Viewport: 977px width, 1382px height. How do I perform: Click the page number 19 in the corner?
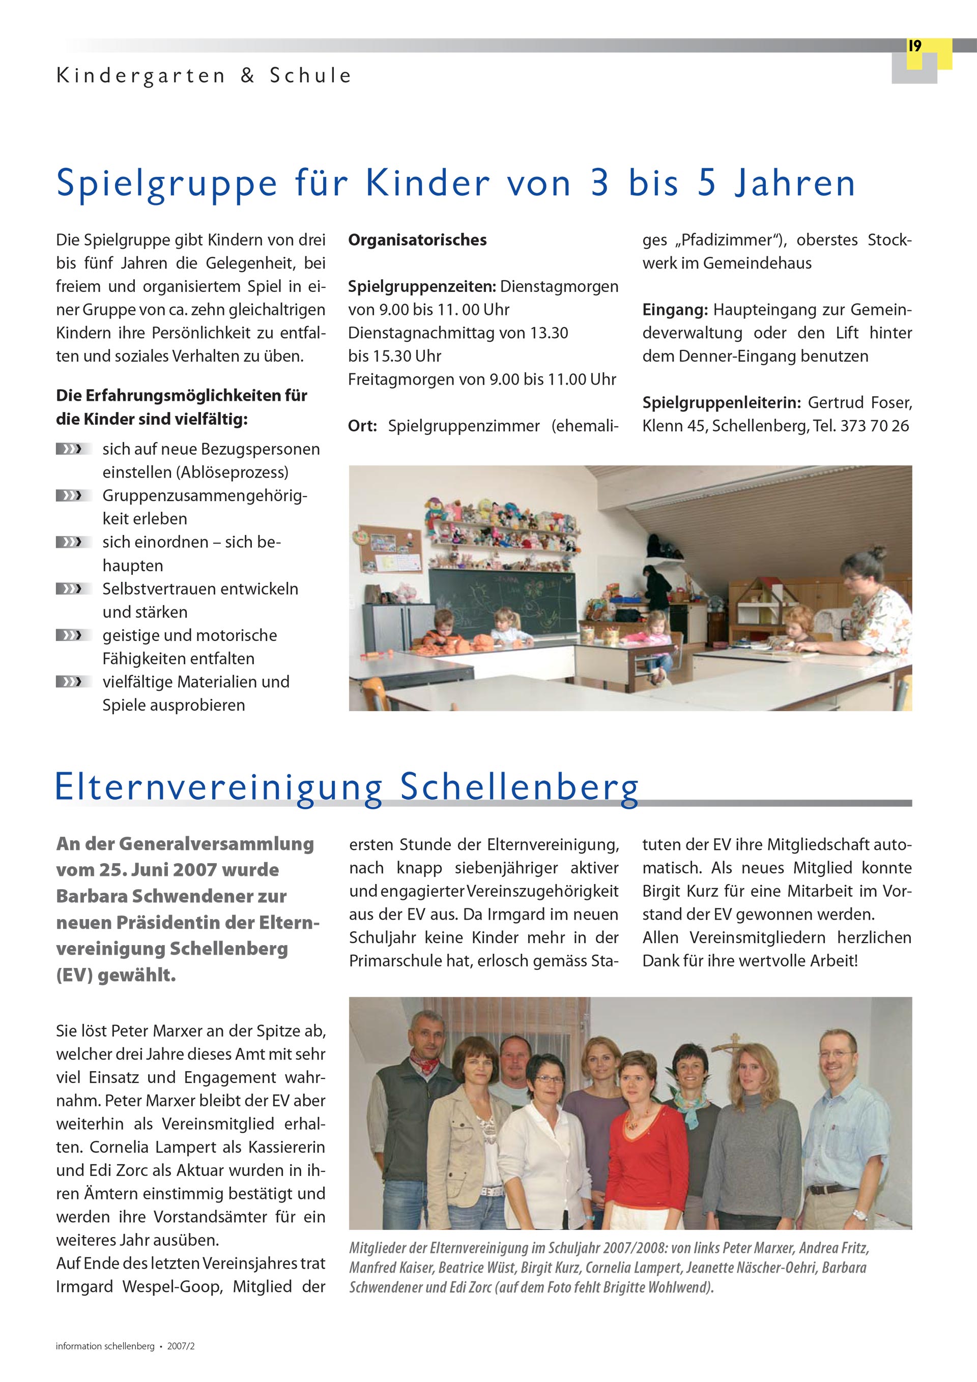914,46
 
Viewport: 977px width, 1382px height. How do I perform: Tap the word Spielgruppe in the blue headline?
166,183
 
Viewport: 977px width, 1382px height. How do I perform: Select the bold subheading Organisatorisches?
417,240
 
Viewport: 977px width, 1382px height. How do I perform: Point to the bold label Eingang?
675,310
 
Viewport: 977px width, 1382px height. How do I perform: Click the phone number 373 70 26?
874,426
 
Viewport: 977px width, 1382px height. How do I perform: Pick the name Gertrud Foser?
859,403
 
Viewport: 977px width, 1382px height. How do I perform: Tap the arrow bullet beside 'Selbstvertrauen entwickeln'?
73,589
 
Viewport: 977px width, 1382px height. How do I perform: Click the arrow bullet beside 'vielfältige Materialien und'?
73,682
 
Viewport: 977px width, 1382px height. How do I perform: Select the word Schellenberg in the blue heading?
519,787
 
